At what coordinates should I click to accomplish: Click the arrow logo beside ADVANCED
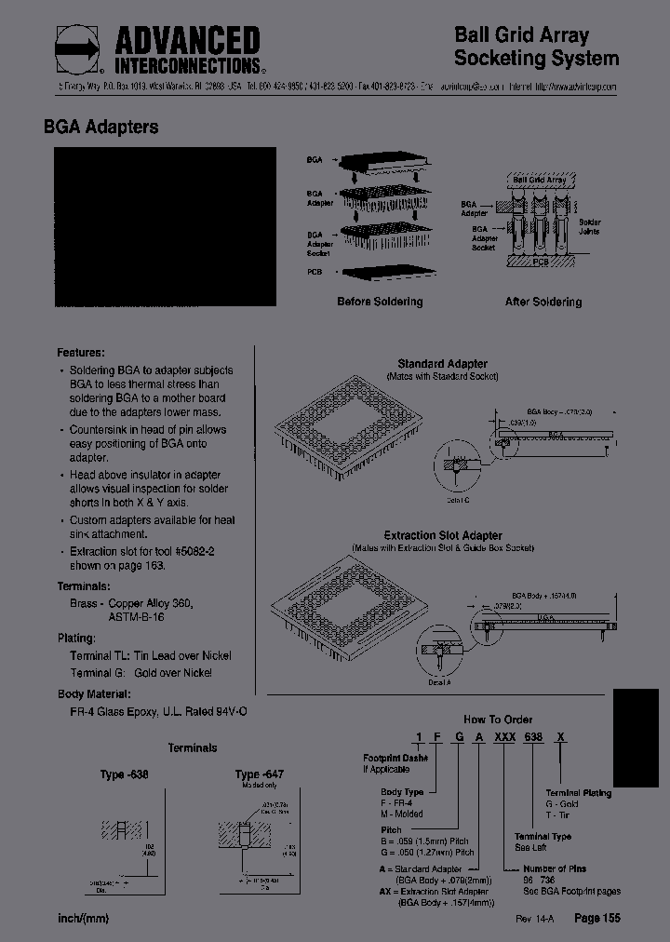78,49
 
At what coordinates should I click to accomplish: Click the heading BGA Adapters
101,128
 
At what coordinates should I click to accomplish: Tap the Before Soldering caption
380,302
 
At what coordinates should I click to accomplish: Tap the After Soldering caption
543,302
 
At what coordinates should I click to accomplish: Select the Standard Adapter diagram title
442,364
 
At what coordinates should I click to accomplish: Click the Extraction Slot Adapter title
443,536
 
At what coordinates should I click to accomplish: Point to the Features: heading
80,353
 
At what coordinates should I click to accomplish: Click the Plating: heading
76,639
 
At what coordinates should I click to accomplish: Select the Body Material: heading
94,693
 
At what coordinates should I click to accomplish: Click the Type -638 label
125,774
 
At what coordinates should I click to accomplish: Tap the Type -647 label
260,774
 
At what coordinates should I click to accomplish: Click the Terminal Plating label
578,793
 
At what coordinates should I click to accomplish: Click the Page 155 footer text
596,918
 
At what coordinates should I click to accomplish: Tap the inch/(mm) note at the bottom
83,919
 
